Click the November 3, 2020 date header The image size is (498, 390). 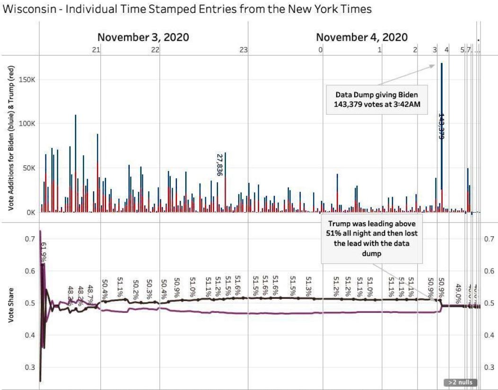coord(144,38)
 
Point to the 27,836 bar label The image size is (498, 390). coord(219,165)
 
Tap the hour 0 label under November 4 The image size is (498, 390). coord(320,50)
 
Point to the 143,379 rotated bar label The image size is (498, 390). coord(442,126)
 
